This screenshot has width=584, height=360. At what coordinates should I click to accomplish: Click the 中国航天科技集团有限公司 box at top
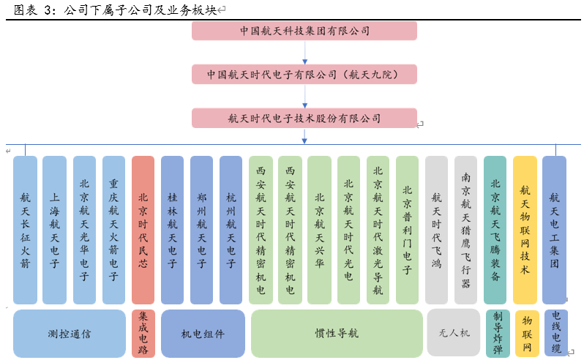[x=304, y=31]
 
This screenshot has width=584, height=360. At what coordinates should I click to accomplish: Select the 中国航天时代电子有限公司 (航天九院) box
[x=304, y=74]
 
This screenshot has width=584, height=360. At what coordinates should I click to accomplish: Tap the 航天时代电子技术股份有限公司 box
[x=304, y=118]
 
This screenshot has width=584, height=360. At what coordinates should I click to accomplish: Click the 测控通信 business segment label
[x=70, y=334]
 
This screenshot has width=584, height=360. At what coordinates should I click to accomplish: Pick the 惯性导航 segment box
[x=337, y=334]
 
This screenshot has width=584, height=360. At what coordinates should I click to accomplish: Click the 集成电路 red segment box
[x=143, y=334]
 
